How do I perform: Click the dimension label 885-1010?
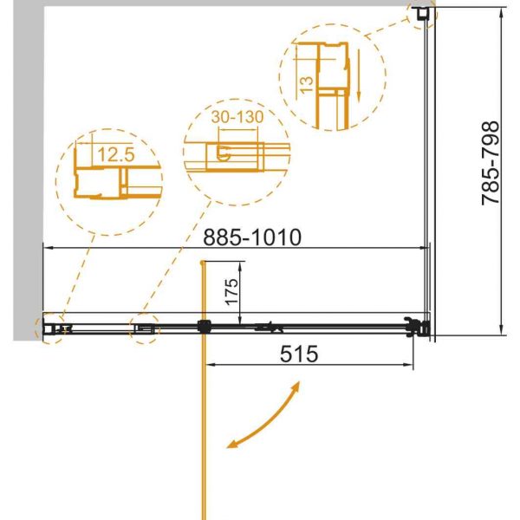(252, 237)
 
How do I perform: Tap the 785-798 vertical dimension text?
(491, 163)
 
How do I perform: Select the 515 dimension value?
(299, 354)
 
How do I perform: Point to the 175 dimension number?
(231, 291)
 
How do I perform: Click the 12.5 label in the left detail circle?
(116, 154)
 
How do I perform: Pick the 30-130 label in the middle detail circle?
(237, 116)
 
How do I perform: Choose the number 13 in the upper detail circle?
(306, 85)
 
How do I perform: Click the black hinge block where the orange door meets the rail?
(205, 327)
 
